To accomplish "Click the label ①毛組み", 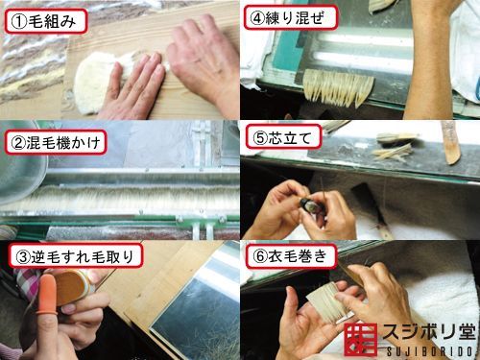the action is coord(46,21).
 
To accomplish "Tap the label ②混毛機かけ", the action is coord(56,142).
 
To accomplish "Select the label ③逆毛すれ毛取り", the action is coord(76,256).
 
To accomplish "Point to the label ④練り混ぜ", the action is coord(290,17).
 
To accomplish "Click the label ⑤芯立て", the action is coord(283,137).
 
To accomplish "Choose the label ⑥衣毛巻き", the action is coord(291,256).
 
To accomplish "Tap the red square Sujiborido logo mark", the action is coord(361,339).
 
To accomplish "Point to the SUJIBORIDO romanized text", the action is coord(430,351).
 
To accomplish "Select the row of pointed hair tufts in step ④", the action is coord(338,86).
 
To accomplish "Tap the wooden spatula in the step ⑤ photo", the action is coord(451,142).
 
